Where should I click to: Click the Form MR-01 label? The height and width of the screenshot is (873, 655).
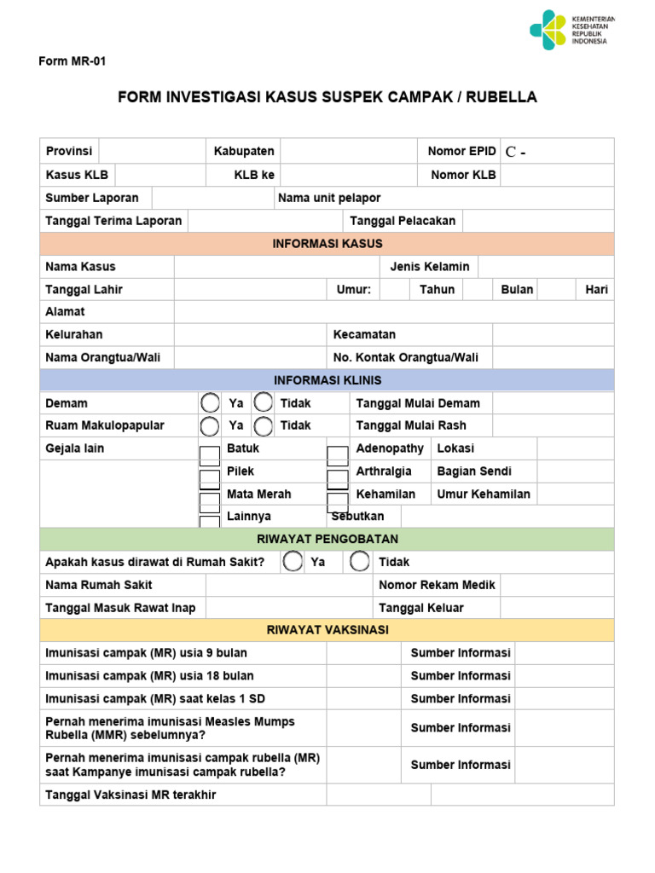coord(72,61)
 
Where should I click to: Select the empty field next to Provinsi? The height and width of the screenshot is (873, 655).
coord(152,151)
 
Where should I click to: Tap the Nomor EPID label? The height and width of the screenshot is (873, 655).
coord(461,151)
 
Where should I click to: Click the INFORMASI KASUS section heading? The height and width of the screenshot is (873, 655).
coord(327,244)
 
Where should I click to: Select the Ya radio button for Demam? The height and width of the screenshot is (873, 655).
coord(209,403)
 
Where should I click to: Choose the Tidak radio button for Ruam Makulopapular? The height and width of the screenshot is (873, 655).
coord(264,425)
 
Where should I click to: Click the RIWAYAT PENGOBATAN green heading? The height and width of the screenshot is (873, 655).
coord(327,540)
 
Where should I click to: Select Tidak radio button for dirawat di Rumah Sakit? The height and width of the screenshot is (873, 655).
coord(360,562)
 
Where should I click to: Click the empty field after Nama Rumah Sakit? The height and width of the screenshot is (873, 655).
coord(289,585)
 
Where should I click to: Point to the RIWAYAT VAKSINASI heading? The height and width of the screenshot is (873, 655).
coord(327,630)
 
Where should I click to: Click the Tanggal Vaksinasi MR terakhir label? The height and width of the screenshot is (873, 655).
coord(130,795)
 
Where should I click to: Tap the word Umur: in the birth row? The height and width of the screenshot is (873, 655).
coord(353,289)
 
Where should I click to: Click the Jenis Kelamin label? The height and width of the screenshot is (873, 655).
coord(430,267)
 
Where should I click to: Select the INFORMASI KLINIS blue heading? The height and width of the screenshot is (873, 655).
coord(327,380)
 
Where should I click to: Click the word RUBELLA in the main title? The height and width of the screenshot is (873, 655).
coord(505,97)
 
